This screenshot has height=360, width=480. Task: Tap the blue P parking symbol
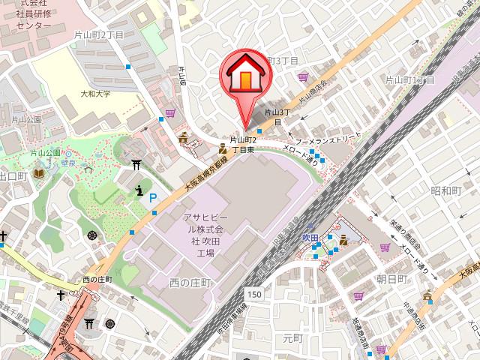pyautogui.click(x=153, y=199)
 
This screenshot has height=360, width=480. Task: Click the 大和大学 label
pyautogui.click(x=95, y=94)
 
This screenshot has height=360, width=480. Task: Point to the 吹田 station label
pyautogui.click(x=310, y=238)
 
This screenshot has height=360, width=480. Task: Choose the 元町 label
pyautogui.click(x=291, y=339)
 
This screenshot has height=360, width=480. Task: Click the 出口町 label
pyautogui.click(x=13, y=175)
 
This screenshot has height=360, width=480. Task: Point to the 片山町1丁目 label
pyautogui.click(x=409, y=79)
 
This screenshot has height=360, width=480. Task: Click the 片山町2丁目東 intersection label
pyautogui.click(x=244, y=145)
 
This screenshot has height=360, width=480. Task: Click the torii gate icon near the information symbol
pyautogui.click(x=137, y=164)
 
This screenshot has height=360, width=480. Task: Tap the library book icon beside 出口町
pyautogui.click(x=38, y=174)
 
